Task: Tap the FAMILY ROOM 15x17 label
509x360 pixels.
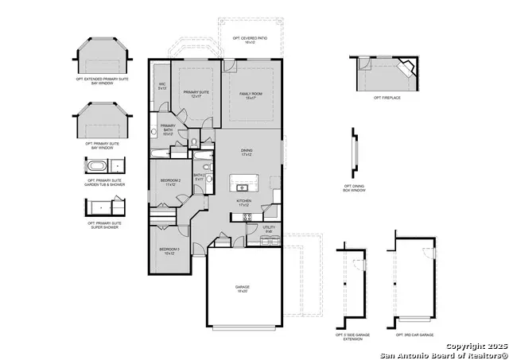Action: tap(251, 95)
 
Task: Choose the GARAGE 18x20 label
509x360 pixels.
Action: tap(243, 288)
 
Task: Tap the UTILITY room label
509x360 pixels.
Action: tap(269, 229)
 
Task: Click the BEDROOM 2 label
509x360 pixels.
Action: tap(169, 183)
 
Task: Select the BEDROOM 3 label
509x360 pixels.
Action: tap(169, 252)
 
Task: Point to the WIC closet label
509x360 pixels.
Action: tap(161, 86)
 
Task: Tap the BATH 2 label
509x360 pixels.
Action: tap(200, 177)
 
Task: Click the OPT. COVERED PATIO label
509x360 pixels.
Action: tap(250, 40)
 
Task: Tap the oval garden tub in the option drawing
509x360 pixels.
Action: tap(97, 166)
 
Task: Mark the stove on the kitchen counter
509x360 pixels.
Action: tap(247, 216)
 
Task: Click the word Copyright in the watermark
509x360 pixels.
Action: tap(464, 346)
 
